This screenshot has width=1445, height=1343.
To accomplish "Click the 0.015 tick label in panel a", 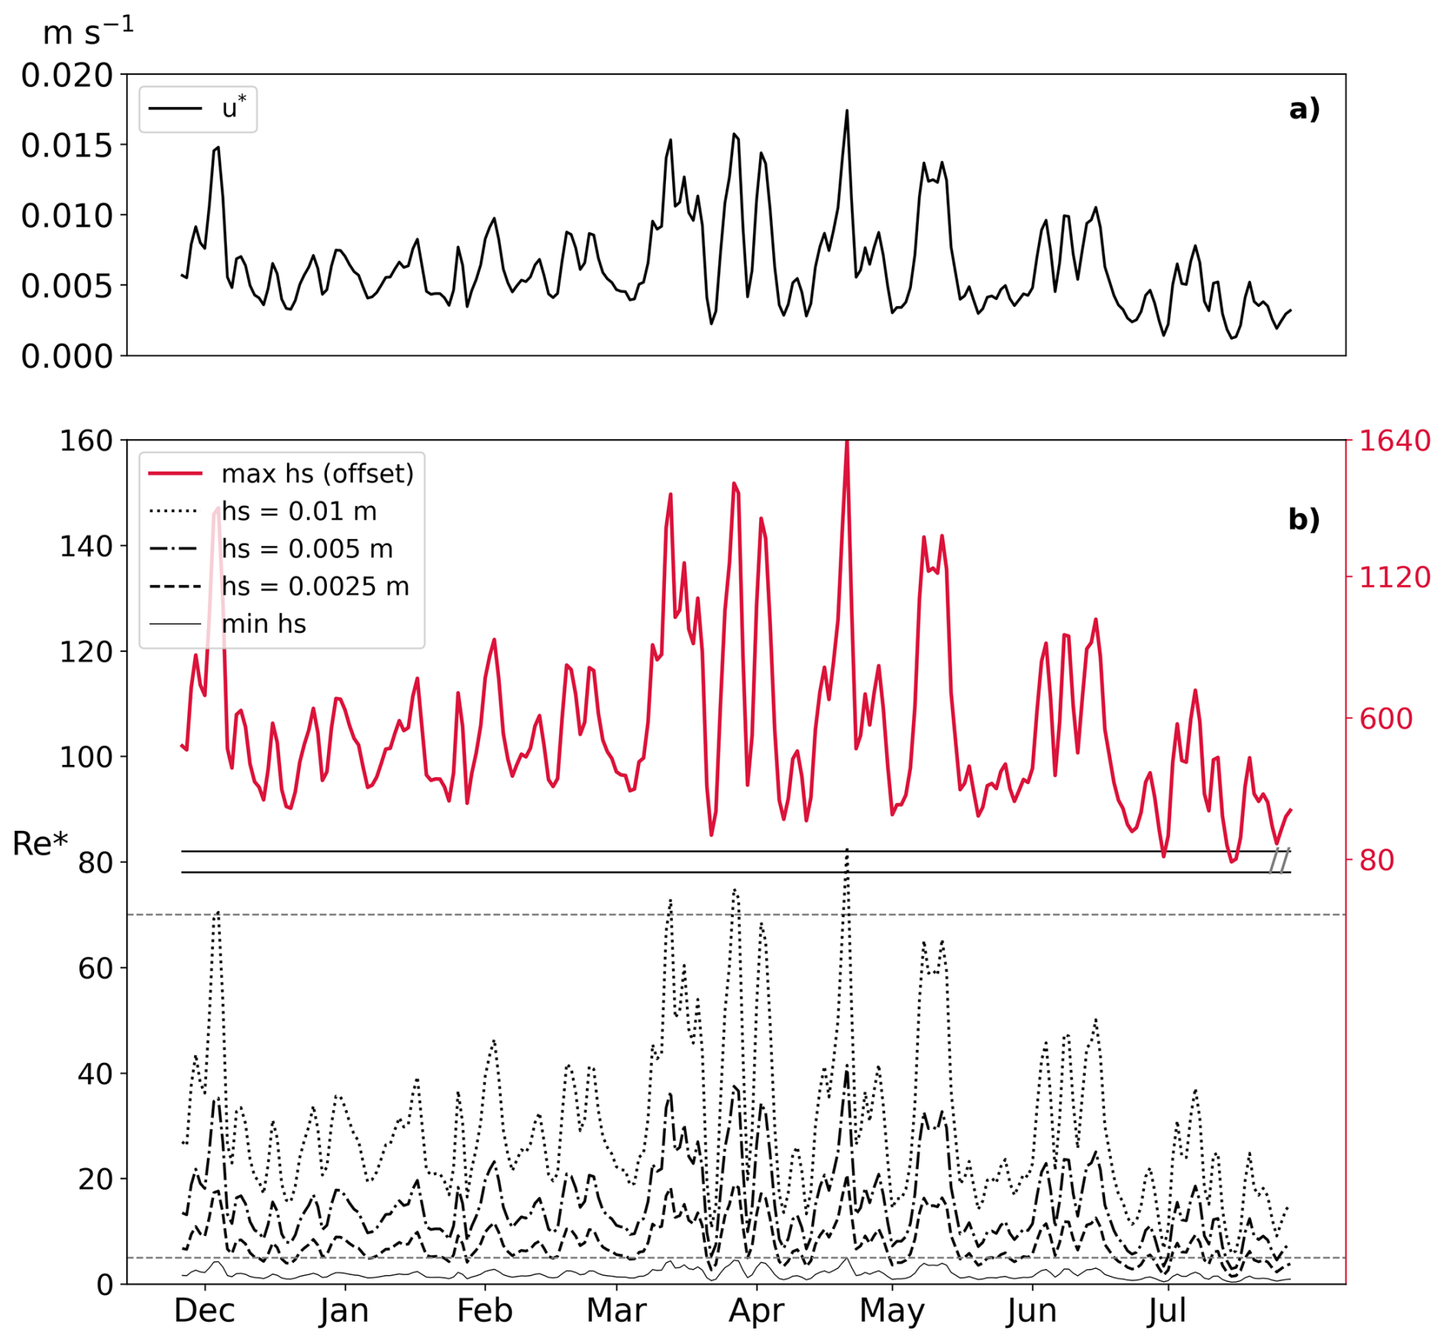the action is (66, 145).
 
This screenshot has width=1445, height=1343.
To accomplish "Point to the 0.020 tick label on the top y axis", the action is (66, 75).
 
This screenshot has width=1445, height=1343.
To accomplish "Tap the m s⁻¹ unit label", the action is (88, 31).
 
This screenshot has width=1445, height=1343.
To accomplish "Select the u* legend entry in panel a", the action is (198, 108).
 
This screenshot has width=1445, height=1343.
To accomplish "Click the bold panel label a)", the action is (1304, 109).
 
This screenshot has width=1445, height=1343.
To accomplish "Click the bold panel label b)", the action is (1304, 519).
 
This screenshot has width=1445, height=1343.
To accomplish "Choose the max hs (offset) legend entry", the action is (281, 473).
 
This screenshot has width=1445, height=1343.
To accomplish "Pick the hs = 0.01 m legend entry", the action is (263, 511).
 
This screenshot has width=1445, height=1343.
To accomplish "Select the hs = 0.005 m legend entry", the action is (271, 548).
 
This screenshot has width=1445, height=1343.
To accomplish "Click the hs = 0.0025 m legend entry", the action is (279, 586).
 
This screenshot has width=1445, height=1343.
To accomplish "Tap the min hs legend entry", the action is (227, 624).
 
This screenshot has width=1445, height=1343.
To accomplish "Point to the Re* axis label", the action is (40, 844).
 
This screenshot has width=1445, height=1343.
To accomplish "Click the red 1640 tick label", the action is (1394, 441).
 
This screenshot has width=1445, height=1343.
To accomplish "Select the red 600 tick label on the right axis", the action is (1385, 718).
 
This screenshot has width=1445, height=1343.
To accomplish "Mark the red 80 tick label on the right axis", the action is (1376, 860).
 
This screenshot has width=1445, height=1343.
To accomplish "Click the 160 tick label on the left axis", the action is (86, 441).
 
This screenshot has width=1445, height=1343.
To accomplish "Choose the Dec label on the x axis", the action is (204, 1311).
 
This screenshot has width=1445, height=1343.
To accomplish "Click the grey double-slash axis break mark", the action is (1279, 861).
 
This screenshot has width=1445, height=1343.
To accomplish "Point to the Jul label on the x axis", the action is (1167, 1311).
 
